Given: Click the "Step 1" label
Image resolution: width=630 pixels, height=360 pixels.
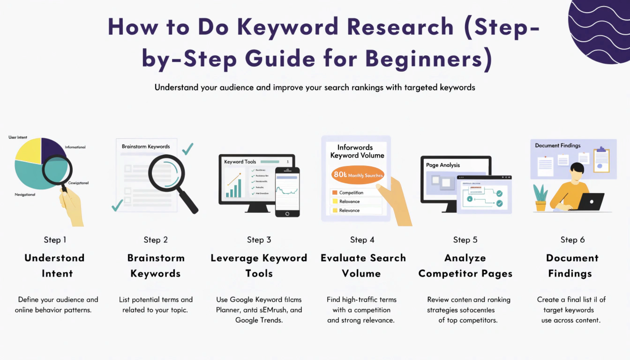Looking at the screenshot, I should point(55,240).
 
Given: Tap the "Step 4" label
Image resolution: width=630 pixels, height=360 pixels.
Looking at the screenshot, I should point(362,240).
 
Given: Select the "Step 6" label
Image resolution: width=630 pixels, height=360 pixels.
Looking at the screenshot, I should point(572,240).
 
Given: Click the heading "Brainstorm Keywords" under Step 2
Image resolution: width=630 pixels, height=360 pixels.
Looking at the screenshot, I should point(156,266).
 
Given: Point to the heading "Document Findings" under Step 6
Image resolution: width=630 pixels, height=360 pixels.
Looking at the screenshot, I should point(572,266).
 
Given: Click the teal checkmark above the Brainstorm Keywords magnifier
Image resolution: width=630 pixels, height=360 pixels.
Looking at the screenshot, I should point(187,149).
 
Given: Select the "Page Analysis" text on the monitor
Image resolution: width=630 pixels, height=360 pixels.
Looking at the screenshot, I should point(443,165).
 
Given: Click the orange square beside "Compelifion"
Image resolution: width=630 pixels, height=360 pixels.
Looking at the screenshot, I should point(334,193).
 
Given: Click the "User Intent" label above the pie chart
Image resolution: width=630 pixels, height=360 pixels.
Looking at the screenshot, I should point(18,137).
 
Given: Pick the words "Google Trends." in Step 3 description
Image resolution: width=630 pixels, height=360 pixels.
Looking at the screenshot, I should point(259,320).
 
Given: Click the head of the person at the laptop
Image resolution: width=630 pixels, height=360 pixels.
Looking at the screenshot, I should point(577,170).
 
